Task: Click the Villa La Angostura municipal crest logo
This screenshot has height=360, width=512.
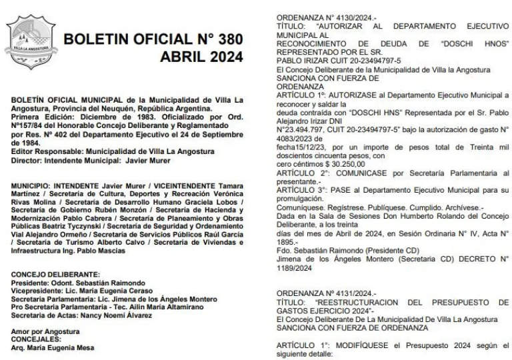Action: (x=29, y=43)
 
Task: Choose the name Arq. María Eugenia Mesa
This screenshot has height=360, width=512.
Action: (x=54, y=347)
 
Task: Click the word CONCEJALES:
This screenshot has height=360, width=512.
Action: (x=36, y=339)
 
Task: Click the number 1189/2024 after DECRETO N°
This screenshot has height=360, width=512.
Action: (x=297, y=269)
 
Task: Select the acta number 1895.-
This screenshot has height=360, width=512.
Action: (x=289, y=243)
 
